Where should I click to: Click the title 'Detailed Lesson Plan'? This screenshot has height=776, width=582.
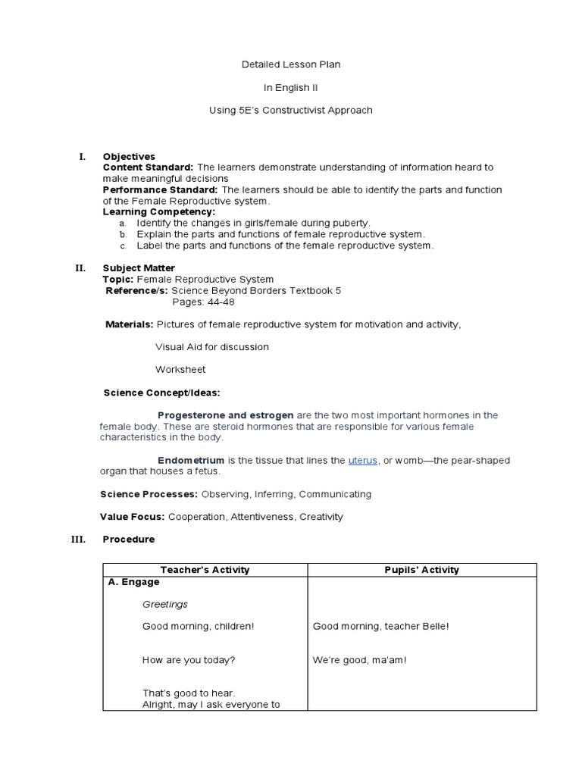[x=290, y=64]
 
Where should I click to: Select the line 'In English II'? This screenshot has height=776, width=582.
[x=290, y=87]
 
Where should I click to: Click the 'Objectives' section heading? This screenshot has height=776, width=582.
[x=129, y=156]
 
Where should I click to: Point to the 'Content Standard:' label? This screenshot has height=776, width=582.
[x=148, y=167]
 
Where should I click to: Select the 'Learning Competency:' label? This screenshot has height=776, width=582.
[x=159, y=212]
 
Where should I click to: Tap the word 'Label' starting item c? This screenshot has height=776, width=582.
[x=150, y=246]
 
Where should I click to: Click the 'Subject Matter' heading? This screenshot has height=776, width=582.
[x=139, y=268]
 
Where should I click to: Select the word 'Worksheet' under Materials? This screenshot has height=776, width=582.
[x=180, y=370]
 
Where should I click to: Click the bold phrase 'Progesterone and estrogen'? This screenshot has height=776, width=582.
[x=225, y=415]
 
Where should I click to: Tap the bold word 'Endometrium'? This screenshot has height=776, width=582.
[x=191, y=461]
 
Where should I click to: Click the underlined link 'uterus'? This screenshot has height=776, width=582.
[x=362, y=461]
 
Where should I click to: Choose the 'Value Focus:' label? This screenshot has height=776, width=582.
[x=133, y=517]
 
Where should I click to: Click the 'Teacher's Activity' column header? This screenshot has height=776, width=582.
[x=205, y=570]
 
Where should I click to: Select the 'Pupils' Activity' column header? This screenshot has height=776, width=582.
[x=421, y=570]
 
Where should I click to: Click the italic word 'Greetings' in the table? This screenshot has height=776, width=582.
[x=165, y=605]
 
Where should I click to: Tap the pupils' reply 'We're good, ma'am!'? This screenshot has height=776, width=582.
[x=360, y=660]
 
